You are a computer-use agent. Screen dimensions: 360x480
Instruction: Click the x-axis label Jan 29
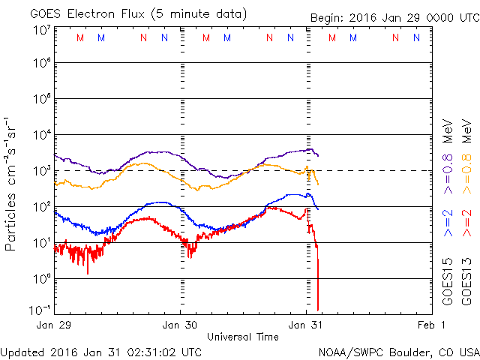tap(55, 325)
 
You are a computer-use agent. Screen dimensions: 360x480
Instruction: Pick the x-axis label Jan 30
tap(181, 325)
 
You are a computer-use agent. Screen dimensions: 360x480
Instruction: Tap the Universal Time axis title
tap(243, 337)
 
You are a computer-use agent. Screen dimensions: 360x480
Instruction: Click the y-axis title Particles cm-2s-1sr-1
tap(13, 184)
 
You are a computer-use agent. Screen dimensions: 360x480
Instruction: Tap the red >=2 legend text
tap(466, 224)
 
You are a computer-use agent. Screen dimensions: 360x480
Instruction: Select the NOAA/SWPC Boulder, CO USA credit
tap(398, 351)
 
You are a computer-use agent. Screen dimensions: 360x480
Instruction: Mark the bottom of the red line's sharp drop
tap(318, 309)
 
